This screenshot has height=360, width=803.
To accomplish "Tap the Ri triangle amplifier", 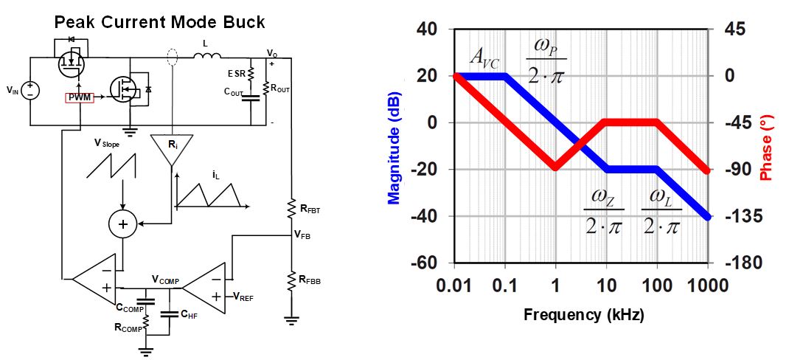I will (172, 148).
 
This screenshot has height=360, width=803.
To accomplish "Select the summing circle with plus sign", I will (123, 223).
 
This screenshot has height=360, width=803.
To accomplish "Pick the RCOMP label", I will (129, 325).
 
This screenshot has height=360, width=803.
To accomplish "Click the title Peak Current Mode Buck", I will (159, 22).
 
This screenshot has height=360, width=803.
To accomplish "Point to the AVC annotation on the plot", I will (486, 58).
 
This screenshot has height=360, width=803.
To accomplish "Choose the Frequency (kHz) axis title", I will (583, 315).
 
